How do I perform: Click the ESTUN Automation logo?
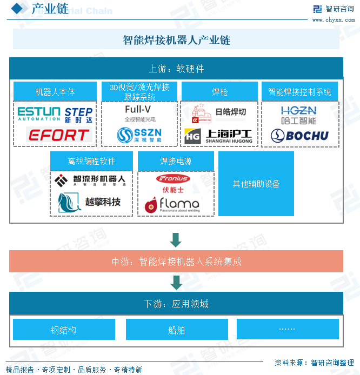coord(39,114)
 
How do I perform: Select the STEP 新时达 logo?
coord(78,115)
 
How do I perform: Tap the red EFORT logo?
coord(55,135)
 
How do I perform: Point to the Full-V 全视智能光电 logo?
coord(139,113)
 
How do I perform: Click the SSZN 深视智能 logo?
coord(139,135)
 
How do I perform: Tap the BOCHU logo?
coord(299,136)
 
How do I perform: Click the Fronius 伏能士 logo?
coord(173,183)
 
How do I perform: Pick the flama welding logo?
coord(172,204)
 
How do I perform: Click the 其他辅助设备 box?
coord(256,184)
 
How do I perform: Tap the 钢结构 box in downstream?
coord(64,330)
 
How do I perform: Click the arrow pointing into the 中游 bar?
coord(176,240)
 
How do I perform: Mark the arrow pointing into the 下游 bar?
coord(176,282)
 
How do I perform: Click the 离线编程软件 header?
coord(91,161)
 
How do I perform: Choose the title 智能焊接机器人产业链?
coord(176,40)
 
